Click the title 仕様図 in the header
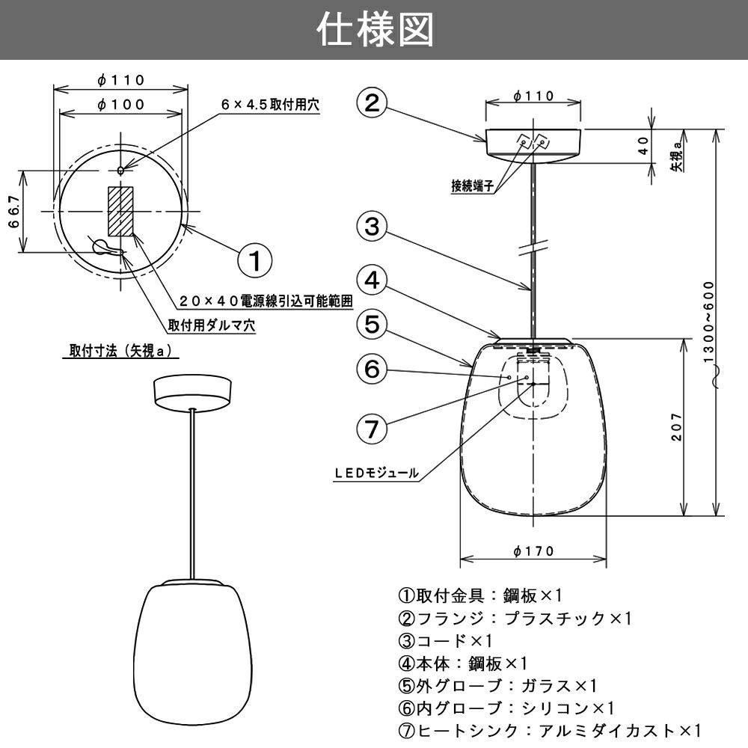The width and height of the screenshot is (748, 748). pyautogui.click(x=374, y=32)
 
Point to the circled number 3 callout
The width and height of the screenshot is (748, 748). pyautogui.click(x=372, y=227)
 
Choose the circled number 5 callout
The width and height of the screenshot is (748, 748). pyautogui.click(x=372, y=324)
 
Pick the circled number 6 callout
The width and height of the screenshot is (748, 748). pyautogui.click(x=372, y=369)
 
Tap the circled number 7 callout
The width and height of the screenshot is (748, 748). pyautogui.click(x=372, y=429)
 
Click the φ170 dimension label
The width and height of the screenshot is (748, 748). pyautogui.click(x=534, y=551)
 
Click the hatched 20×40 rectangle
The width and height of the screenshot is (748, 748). pyautogui.click(x=120, y=211)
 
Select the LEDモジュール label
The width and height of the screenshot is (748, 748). pyautogui.click(x=376, y=473)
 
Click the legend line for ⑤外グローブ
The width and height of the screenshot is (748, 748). pyautogui.click(x=497, y=685)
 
